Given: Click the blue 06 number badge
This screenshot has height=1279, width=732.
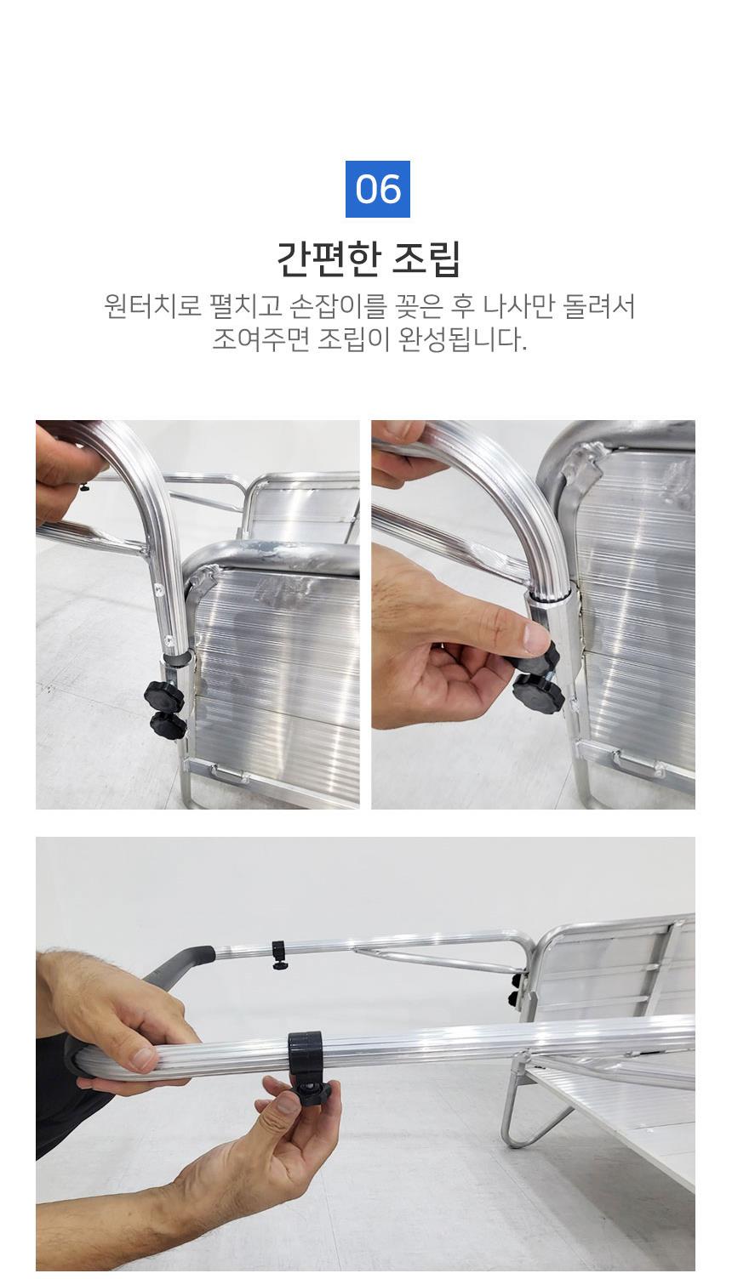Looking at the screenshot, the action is coord(377,189).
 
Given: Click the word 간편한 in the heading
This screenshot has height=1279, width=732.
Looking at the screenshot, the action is coord(328,259).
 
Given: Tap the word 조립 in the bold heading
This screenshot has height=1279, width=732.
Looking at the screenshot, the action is coord(426,259).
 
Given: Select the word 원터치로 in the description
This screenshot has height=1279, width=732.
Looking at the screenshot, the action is coord(152,307).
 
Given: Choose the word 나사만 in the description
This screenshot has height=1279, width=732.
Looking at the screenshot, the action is coord(519,307).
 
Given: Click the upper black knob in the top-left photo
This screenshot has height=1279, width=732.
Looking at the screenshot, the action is coord(163,696).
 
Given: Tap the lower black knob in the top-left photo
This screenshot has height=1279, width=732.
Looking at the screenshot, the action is coord(169,725).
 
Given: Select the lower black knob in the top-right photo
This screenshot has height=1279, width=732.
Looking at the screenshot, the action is coord(537,692).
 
